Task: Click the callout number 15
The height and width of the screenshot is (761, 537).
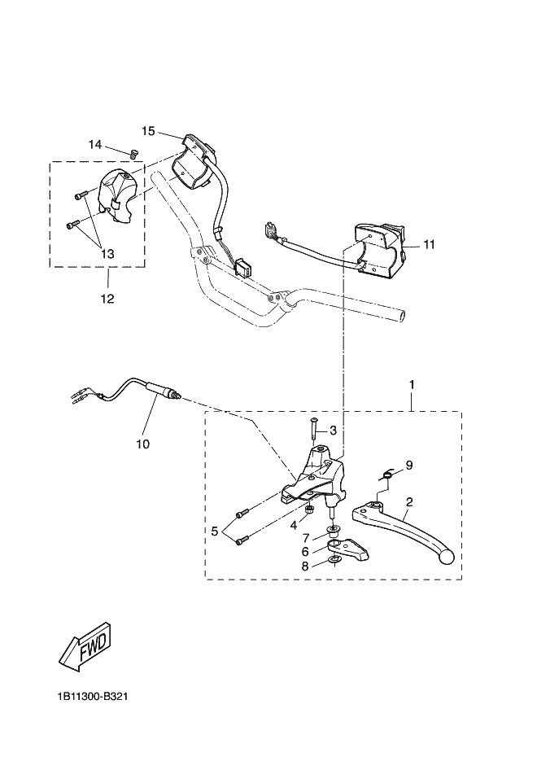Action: (x=148, y=131)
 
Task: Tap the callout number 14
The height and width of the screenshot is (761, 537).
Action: (x=95, y=145)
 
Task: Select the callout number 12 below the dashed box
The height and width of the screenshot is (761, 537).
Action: (x=107, y=299)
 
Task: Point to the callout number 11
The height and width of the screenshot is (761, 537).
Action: (x=429, y=245)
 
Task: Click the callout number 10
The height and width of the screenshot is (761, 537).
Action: (x=143, y=444)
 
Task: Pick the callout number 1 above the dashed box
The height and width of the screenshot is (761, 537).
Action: (x=412, y=385)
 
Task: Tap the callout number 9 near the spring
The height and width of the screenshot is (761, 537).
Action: (x=409, y=466)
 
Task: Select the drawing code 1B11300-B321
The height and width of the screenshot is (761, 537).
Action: (x=92, y=697)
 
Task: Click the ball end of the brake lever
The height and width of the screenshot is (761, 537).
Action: (x=445, y=558)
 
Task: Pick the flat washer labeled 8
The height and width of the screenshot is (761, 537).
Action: (x=334, y=561)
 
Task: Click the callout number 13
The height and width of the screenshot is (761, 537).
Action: (x=107, y=253)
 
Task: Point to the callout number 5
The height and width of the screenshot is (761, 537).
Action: (x=215, y=531)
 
